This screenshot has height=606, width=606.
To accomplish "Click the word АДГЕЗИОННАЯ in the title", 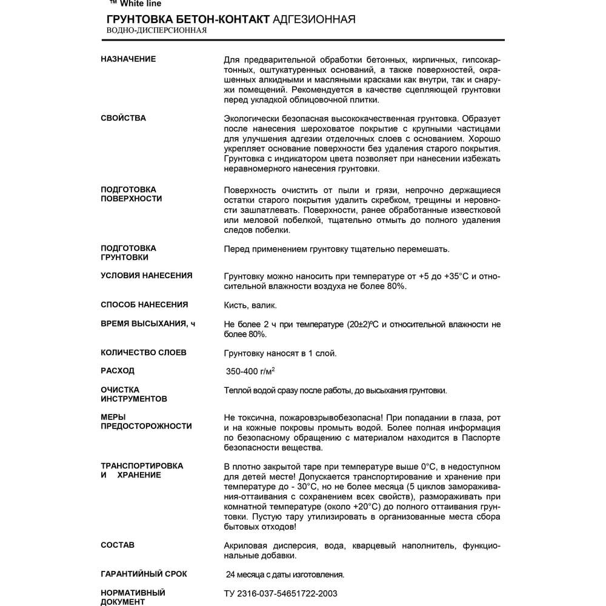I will [x=314, y=19].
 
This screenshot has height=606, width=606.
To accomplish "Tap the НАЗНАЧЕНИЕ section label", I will [x=128, y=59].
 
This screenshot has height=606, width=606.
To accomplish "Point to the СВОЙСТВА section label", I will [x=123, y=118].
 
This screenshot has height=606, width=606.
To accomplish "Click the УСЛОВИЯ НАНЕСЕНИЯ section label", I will [x=146, y=276].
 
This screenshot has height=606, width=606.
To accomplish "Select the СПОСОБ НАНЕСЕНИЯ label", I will [x=144, y=305].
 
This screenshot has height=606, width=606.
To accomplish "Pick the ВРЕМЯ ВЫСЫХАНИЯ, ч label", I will [x=148, y=324].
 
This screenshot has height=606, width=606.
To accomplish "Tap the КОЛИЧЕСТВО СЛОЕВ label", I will [x=144, y=353].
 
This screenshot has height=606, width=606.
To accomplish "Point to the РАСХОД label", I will [x=118, y=371].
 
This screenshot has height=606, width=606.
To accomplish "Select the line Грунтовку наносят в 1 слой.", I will [x=280, y=353].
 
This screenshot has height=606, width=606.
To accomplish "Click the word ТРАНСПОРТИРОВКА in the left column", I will [x=142, y=466].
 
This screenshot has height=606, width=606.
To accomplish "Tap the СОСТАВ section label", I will [x=118, y=545].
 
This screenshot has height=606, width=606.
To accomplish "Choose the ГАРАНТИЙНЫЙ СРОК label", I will [x=144, y=574].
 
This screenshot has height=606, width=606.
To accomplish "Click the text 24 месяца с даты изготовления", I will [x=285, y=574].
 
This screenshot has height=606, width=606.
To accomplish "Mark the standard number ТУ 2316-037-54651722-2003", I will [x=281, y=594].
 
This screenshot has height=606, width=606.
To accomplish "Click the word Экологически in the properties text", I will [x=250, y=118].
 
